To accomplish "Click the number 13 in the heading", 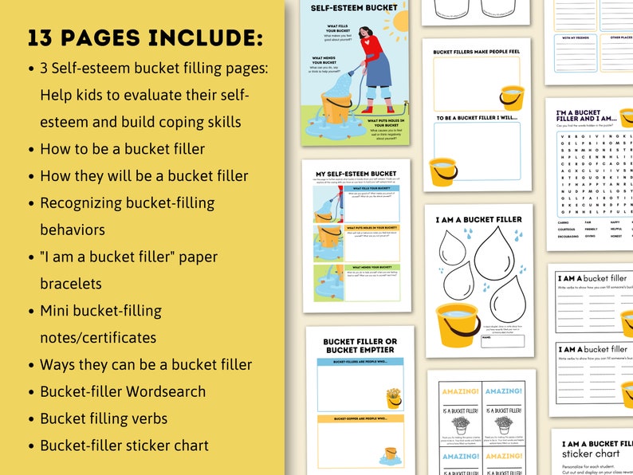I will pos(45,38).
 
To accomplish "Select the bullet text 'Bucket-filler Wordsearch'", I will pos(123,391).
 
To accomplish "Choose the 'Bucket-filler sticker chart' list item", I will pos(124,445).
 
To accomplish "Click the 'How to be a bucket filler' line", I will pos(122,148).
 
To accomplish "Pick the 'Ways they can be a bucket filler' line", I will pos(146,364).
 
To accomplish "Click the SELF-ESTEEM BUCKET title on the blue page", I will pos(344,8).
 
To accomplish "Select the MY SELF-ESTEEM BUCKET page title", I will pos(355,173).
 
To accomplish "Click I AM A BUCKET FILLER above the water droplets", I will pos(478,218).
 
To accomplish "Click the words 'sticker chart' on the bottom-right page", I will pos(596,454).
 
